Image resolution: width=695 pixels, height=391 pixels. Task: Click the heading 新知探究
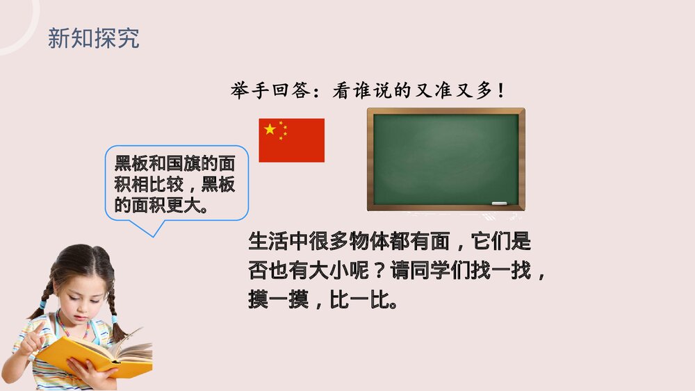coord(93,38)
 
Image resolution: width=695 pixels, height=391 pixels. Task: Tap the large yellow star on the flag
coord(270,129)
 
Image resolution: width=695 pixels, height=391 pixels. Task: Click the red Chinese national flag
coord(291,140)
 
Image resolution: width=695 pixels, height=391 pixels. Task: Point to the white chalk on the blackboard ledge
coord(500,203)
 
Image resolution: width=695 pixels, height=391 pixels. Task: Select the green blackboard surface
coord(445,158)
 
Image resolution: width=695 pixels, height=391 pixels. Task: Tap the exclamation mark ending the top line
coord(500,91)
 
